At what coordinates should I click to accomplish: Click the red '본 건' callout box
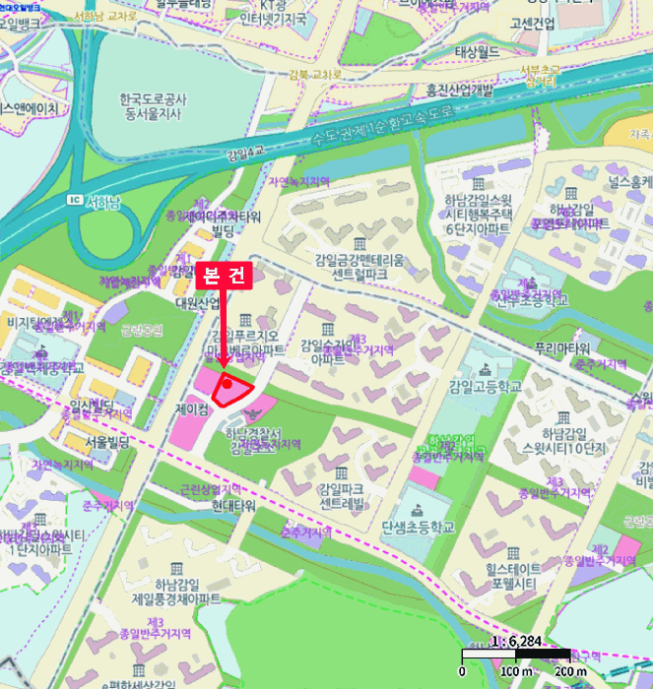coord(226,277)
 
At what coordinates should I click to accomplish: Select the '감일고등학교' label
coord(485,386)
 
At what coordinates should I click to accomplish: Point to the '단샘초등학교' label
coord(418,528)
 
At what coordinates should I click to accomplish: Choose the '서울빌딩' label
coord(108,442)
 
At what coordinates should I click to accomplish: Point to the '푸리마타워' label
coord(561,347)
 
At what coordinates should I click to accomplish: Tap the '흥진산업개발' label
coord(458,91)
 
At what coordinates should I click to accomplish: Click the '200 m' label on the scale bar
coord(568,671)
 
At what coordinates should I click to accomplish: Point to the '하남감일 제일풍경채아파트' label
coord(175,591)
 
